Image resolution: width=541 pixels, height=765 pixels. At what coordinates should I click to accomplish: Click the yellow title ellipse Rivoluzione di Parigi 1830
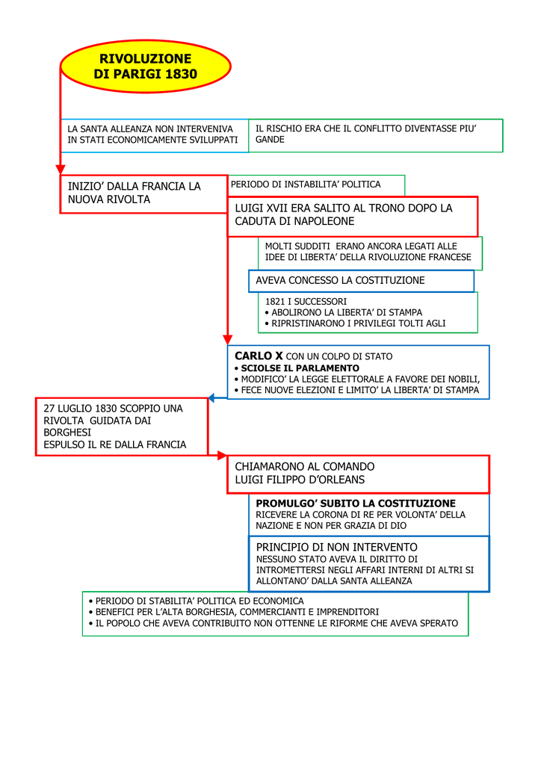(x=146, y=66)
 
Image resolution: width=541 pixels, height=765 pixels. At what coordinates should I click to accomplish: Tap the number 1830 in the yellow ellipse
(x=180, y=74)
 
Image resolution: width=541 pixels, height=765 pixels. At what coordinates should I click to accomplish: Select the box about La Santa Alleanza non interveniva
(x=155, y=136)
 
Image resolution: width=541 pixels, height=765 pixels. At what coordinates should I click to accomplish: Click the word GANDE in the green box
(x=270, y=140)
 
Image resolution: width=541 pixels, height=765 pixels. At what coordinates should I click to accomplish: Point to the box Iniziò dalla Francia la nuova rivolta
(x=144, y=193)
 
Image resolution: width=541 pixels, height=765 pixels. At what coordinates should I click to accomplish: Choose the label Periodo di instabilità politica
(x=306, y=185)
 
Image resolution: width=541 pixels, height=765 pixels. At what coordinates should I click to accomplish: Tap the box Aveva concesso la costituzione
(x=361, y=281)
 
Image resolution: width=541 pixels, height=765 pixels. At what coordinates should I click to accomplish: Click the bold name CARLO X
(x=259, y=356)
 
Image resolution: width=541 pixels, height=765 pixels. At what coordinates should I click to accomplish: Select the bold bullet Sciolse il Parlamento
(x=297, y=368)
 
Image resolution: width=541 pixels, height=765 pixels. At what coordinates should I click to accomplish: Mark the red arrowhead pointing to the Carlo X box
(x=227, y=340)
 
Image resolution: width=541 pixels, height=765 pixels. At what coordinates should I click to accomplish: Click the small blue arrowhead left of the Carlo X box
(x=211, y=398)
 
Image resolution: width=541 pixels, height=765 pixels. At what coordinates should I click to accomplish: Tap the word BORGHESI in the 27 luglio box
(x=67, y=433)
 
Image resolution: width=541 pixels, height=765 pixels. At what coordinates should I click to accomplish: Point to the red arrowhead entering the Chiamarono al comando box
(x=223, y=456)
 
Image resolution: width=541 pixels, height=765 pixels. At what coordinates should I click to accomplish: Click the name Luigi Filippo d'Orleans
(x=300, y=480)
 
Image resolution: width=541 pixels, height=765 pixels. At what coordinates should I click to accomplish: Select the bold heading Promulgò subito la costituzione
(x=356, y=504)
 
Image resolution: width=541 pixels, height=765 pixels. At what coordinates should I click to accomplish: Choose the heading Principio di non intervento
(x=336, y=548)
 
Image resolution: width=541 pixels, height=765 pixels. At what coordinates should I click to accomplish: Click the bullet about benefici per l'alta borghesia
(x=234, y=612)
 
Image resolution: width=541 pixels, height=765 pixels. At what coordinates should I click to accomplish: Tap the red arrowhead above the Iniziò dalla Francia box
(x=61, y=170)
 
